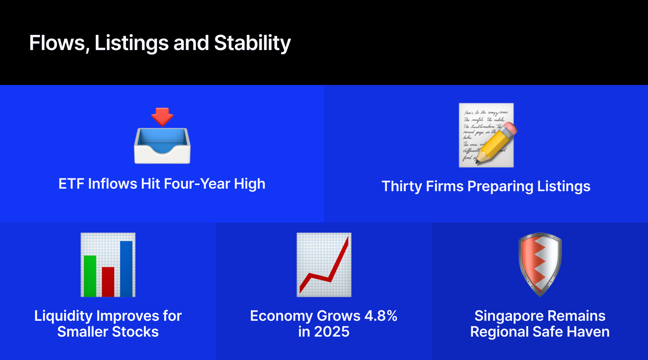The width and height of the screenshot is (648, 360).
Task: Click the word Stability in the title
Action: (252, 43)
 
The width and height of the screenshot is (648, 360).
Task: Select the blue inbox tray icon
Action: (162, 146)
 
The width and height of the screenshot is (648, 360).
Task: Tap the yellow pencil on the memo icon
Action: (496, 143)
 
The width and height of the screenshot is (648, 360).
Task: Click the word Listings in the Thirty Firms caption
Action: (564, 186)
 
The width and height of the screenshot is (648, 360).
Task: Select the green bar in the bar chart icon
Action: (90, 276)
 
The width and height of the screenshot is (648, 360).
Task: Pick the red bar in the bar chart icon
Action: (108, 282)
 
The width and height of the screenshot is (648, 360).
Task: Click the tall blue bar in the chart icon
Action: (126, 269)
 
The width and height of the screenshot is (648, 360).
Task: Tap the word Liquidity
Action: (64, 316)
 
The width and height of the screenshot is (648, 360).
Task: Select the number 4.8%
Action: (381, 316)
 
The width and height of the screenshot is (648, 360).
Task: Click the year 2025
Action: (332, 332)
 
